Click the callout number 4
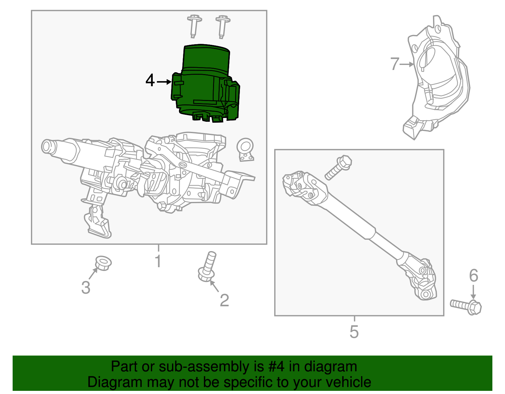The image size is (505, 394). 150,80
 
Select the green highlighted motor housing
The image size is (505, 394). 205,84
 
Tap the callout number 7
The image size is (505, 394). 395,64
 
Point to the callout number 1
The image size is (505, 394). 158,261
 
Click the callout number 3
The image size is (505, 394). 86,288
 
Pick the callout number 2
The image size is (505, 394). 224,300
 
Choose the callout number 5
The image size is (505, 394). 354,332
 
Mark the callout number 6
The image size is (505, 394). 473,275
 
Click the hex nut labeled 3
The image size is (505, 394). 103,263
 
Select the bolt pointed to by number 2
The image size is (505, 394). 207,267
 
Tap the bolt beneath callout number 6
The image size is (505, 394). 466,306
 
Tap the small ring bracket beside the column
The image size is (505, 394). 245,149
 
